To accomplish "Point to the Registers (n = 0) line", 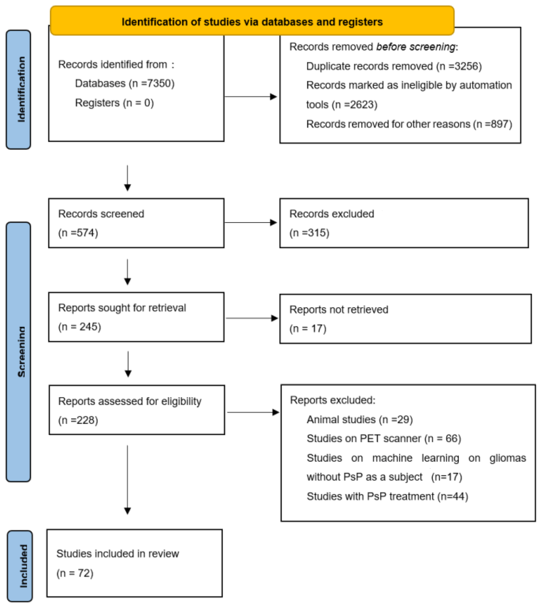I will point(114,103).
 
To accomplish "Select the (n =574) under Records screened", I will point(78,233).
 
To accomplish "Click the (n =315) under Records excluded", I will point(309,233).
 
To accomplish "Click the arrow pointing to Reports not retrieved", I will point(252,318).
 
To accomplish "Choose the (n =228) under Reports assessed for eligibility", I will point(78,420).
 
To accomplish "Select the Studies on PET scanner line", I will point(384,438).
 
